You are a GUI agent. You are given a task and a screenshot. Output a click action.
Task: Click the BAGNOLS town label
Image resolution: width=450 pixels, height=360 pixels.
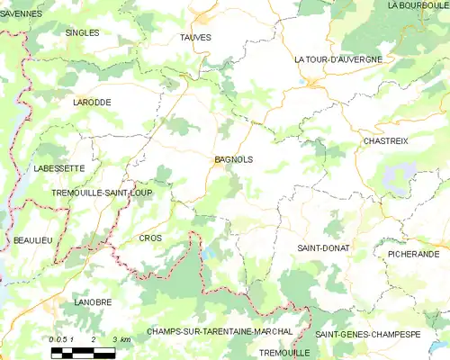pos(234,159)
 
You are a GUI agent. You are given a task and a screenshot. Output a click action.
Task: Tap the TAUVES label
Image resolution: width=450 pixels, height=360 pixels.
pos(195,37)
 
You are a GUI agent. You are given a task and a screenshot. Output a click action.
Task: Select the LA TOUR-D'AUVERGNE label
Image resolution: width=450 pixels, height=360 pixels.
pos(338,59)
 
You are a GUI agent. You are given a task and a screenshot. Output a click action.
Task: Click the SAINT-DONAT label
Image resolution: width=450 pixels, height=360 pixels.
pos(323,247)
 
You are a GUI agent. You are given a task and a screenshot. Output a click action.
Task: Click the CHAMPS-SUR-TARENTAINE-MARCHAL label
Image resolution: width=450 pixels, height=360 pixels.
pos(220,331)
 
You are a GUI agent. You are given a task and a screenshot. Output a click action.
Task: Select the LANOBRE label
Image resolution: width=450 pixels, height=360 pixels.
pos(94,302)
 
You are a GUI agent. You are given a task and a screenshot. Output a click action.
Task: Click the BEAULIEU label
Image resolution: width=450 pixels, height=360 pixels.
pos(32,240)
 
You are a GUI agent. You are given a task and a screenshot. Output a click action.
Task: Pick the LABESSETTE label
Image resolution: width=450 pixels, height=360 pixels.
pos(58,167)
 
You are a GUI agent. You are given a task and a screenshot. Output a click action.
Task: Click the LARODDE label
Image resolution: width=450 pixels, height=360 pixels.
pos(92,103)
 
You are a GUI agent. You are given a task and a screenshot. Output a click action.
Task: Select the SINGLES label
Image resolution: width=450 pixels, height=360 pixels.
pos(83,32)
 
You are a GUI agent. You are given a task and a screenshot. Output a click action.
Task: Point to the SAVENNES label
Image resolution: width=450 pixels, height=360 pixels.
pos(22,13)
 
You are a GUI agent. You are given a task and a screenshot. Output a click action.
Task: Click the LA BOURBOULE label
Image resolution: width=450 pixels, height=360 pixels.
pos(418,5)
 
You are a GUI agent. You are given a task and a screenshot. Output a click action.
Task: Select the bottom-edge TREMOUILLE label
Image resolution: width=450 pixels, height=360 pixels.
pos(283,353)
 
